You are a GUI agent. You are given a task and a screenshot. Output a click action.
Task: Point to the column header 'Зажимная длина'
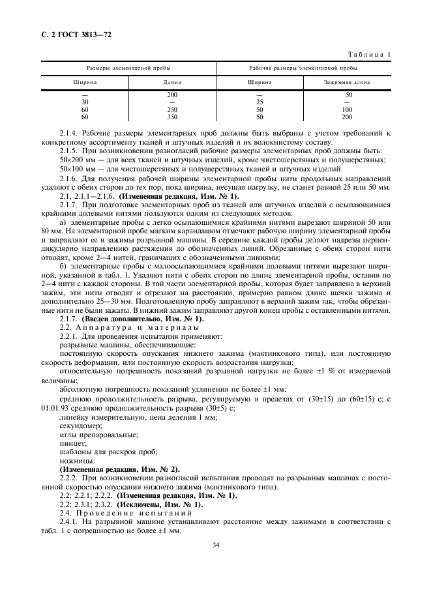[x=347, y=83]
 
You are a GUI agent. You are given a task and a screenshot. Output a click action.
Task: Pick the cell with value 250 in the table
[x=172, y=109]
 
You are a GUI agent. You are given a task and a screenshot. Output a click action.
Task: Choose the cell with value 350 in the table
[x=172, y=117]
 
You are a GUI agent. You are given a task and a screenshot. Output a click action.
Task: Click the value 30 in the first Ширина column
[x=85, y=102]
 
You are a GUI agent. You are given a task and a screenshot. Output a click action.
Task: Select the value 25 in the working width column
[x=259, y=102]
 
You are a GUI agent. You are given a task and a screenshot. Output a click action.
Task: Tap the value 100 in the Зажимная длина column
[x=347, y=109]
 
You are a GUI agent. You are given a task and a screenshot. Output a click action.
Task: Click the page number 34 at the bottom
[x=215, y=545]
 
